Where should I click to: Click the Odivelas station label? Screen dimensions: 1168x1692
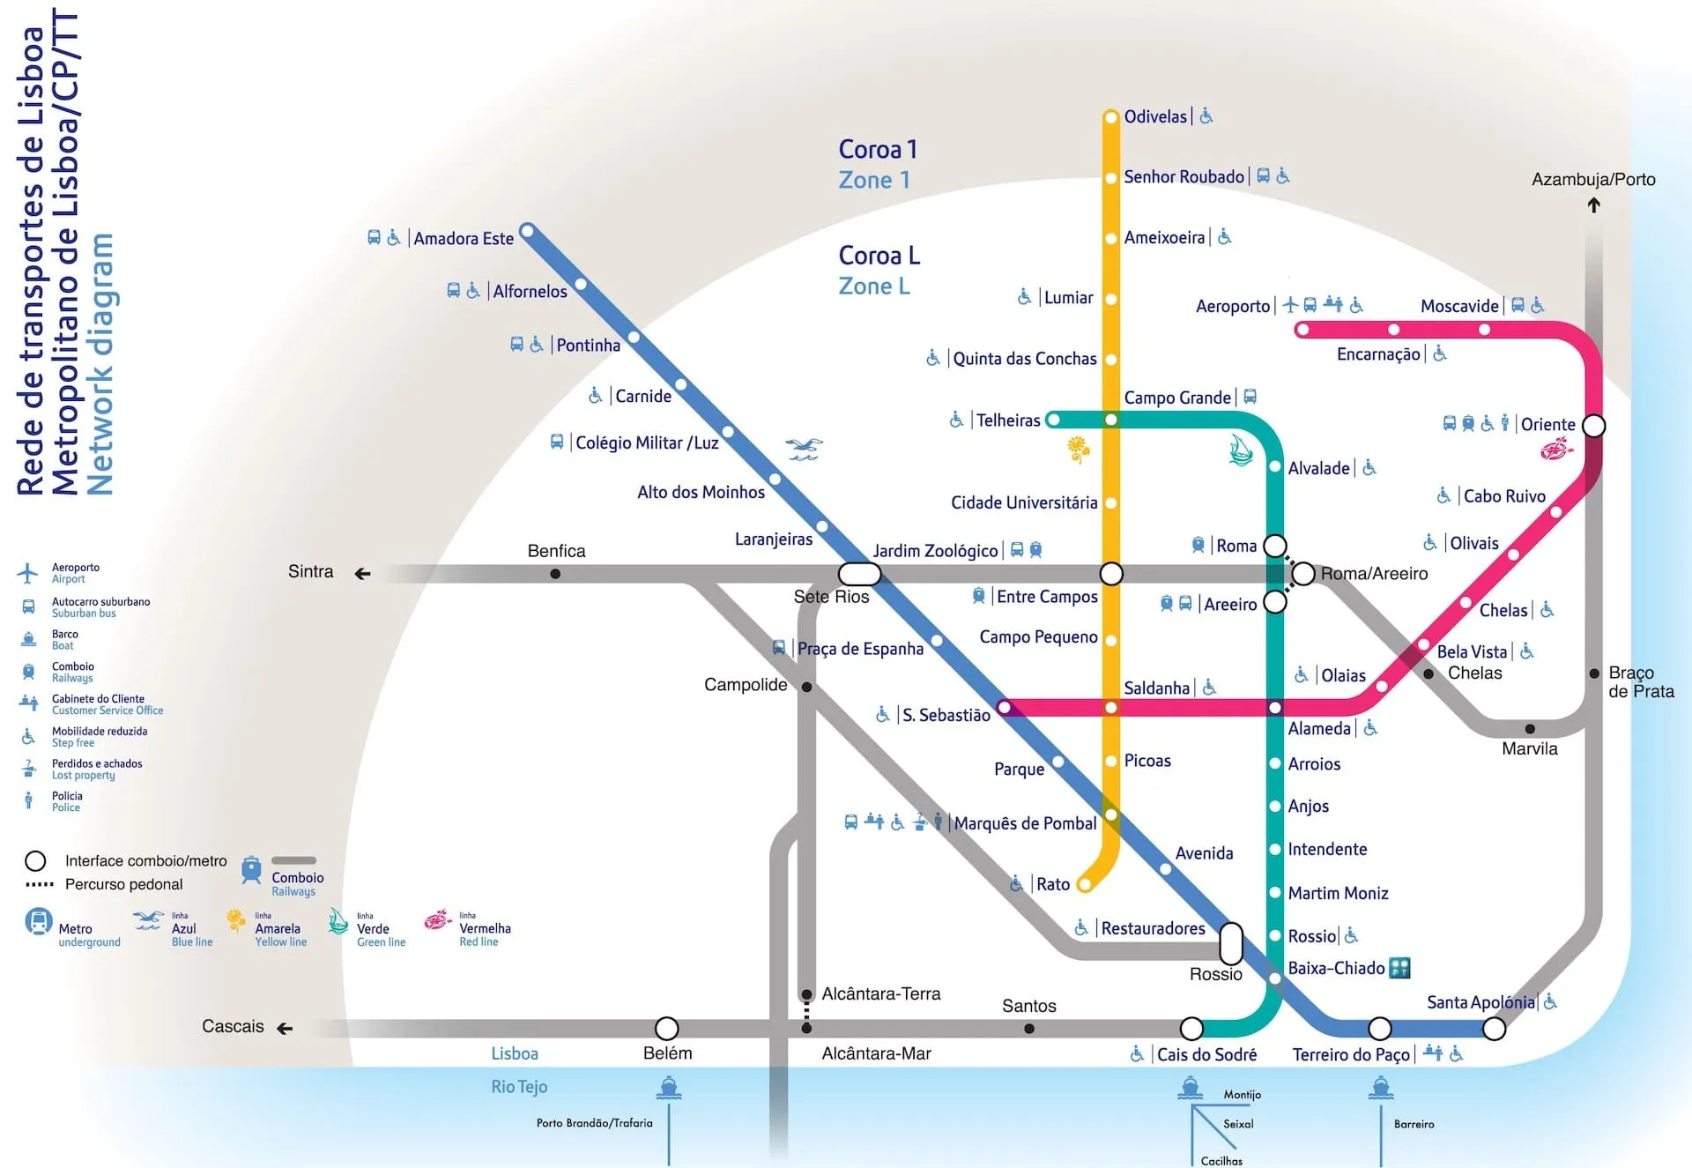[1155, 116]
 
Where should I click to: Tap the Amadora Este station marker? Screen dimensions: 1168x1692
[527, 232]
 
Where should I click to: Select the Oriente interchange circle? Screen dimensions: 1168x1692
[1593, 426]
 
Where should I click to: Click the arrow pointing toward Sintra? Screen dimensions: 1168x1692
[362, 574]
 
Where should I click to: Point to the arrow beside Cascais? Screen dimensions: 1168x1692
[284, 1028]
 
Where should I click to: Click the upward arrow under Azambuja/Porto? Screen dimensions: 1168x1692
[1593, 205]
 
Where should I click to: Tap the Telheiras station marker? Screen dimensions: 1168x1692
[1052, 420]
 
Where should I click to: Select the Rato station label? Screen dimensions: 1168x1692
[1053, 884]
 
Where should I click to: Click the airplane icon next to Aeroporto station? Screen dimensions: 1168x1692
[1290, 305]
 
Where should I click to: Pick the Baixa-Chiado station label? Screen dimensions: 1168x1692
[1336, 968]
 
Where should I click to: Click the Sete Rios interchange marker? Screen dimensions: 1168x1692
[859, 574]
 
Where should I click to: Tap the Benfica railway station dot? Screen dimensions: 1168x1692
[555, 574]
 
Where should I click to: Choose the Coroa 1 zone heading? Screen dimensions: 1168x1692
[878, 150]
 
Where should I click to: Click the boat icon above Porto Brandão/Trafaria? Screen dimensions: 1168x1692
[669, 1088]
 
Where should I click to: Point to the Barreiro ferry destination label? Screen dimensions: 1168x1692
[1414, 1124]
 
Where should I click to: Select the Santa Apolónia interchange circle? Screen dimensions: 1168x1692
[1494, 1028]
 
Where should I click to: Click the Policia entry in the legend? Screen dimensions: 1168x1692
[66, 801]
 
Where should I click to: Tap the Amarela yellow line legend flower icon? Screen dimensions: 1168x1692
[236, 920]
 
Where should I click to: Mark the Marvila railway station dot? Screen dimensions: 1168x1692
[1530, 729]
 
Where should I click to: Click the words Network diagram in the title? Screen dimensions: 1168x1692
[100, 363]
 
